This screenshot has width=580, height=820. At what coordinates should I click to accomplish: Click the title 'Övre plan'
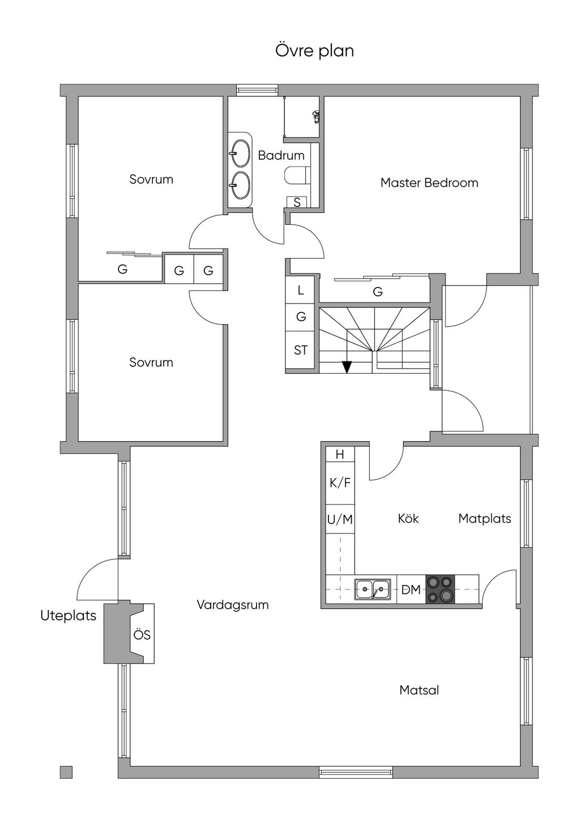314,51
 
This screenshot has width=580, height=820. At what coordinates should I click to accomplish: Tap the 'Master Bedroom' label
429,183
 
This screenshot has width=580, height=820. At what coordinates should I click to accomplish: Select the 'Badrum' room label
281,155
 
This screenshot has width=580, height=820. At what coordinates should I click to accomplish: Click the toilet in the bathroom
296,176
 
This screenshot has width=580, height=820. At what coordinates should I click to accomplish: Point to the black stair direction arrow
347,367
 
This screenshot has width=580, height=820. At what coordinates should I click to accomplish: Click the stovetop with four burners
440,589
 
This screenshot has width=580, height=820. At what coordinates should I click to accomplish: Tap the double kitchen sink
372,590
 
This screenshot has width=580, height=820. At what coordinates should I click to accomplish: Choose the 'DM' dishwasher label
411,590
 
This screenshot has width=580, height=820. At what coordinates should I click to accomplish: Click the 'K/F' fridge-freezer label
340,483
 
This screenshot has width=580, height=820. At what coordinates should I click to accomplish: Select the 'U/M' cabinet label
340,519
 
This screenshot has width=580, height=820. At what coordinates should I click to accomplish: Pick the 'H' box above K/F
340,454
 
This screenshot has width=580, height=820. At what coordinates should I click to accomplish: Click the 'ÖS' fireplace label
142,635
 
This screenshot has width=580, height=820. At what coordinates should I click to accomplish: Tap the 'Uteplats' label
68,616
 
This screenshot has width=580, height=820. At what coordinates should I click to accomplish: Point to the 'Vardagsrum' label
232,604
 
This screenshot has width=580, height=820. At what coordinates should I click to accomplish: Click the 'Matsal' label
419,690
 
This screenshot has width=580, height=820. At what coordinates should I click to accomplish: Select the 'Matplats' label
484,518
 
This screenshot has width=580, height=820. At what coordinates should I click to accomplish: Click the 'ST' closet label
301,350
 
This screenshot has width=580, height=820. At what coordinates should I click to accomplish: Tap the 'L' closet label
301,290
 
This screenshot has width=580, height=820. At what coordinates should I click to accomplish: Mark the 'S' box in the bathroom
297,202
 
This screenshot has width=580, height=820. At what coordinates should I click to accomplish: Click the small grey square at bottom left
66,772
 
